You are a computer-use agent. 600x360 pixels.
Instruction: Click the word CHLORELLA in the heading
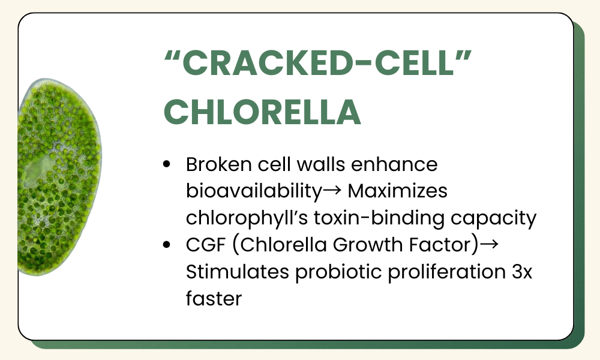tap(262, 112)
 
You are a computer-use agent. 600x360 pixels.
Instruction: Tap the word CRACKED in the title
tap(267, 63)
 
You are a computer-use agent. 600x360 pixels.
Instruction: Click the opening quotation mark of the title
tap(173, 55)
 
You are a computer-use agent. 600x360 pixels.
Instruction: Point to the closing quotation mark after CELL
tap(464, 55)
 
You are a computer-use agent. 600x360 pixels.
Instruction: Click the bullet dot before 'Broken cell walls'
tap(166, 164)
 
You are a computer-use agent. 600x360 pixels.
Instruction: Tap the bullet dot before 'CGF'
tap(166, 244)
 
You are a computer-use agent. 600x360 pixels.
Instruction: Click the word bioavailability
tap(254, 191)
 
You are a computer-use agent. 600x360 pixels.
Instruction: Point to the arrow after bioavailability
tap(332, 190)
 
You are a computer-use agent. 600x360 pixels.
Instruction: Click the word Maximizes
tap(398, 191)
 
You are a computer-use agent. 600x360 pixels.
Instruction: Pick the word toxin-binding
tap(379, 218)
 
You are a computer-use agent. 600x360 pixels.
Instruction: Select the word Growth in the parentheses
tap(368, 245)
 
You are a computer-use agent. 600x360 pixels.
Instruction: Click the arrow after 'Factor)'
tap(489, 244)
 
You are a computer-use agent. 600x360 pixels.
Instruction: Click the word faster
tap(214, 298)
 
